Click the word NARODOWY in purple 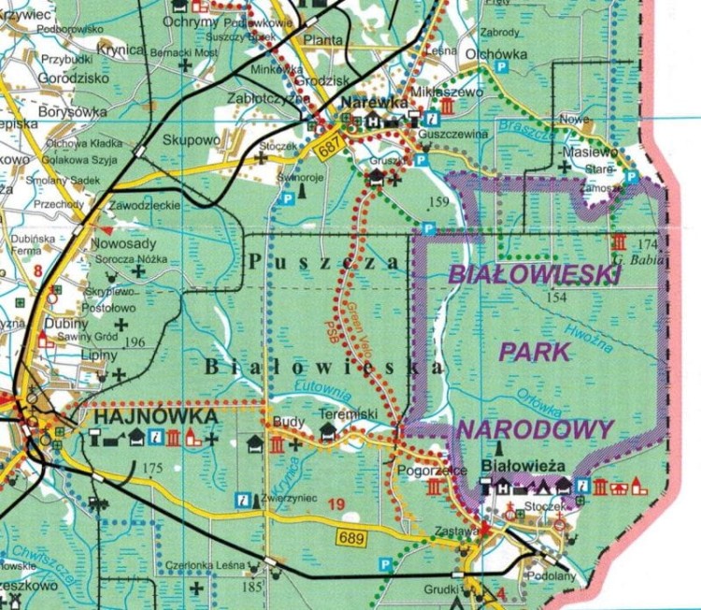click(x=536, y=429)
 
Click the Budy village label click(x=287, y=423)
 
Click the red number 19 click(x=337, y=505)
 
